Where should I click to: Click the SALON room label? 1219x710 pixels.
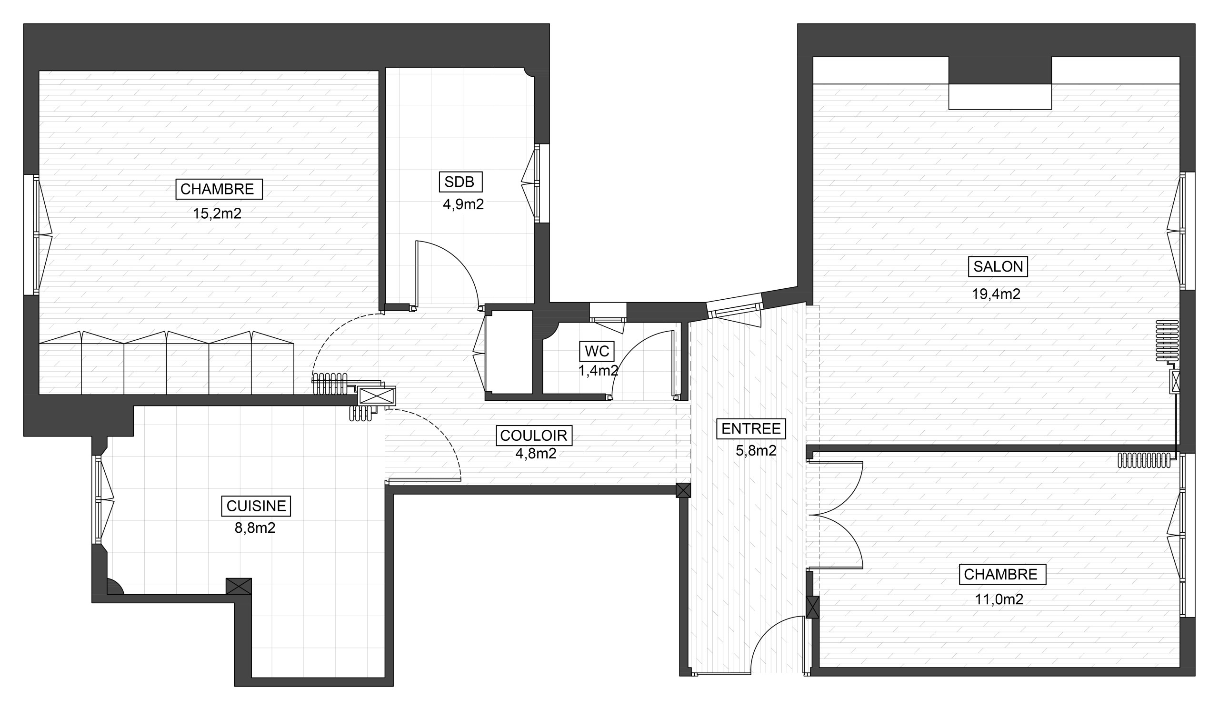pos(998,267)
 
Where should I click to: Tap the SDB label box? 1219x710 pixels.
pos(460,182)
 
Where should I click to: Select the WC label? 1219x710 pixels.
pos(597,351)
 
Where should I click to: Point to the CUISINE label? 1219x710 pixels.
pos(256,506)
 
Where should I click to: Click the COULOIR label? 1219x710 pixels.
pos(534,436)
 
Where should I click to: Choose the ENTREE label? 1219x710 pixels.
pos(751,429)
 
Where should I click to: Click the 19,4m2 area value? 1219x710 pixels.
pos(996,294)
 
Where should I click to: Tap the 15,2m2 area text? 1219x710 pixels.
pos(217,213)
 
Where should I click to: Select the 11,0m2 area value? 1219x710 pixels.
pos(999,599)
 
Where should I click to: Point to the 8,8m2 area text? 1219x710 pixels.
pos(255,527)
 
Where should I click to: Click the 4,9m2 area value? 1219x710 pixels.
pos(463,204)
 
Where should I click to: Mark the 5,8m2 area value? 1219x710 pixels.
pos(756,451)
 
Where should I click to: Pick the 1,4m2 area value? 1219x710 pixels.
pos(599,371)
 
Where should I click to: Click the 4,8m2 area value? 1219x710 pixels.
pos(536,454)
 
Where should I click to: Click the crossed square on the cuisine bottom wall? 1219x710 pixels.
pos(239,586)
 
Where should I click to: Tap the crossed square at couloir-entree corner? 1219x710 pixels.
pos(683,490)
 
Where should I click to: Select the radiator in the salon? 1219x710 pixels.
pos(1167,341)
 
